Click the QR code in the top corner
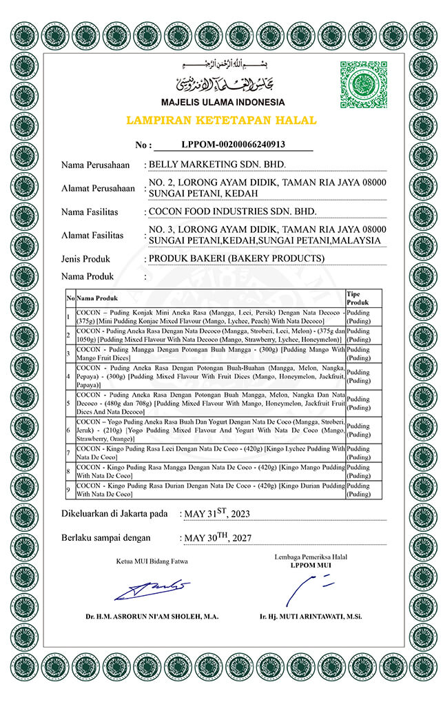coord(364,85)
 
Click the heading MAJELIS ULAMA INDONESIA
coord(222,103)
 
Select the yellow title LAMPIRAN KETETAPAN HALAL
coord(221,121)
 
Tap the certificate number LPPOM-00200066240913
coord(233,145)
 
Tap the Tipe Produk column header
coord(358,298)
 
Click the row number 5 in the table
coord(69,402)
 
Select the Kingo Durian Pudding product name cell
coord(210,490)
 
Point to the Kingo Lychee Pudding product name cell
coord(210,453)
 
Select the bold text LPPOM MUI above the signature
coord(310,565)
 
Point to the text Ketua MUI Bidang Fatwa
coord(152,561)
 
